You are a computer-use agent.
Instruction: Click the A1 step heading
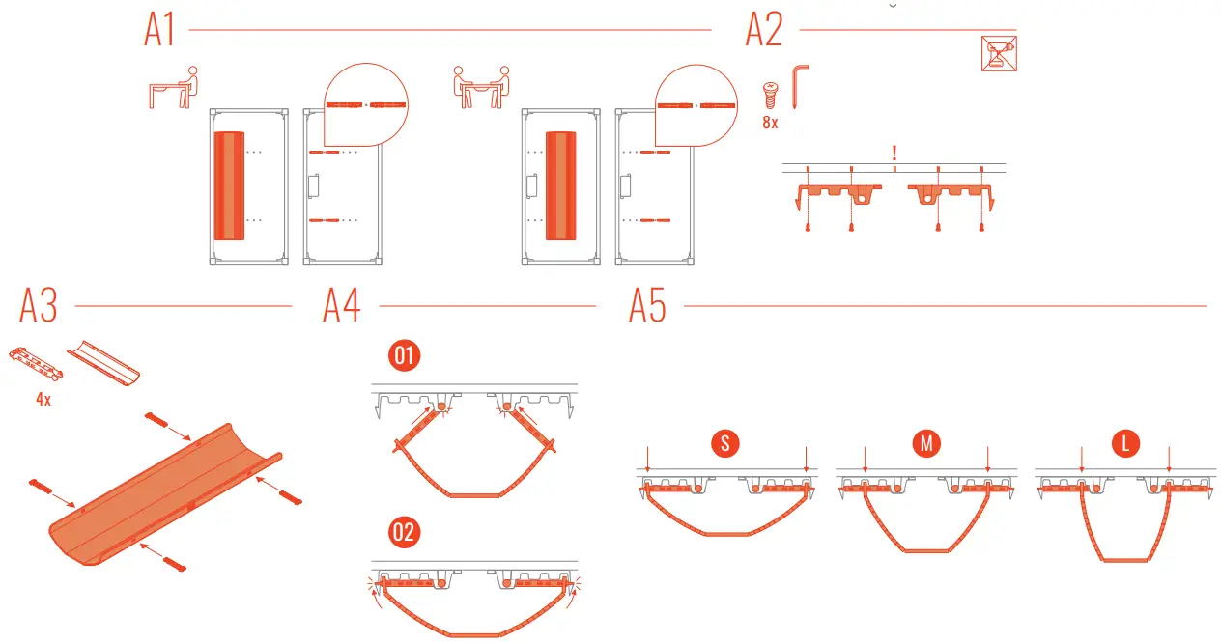[x=159, y=31]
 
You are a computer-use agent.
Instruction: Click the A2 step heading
[x=763, y=31]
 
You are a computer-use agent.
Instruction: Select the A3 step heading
[x=39, y=306]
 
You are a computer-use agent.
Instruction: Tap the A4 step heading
[x=342, y=306]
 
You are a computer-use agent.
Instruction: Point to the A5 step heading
[x=647, y=306]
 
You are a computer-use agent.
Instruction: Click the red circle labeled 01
[x=404, y=356]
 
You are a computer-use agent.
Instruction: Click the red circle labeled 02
[x=404, y=533]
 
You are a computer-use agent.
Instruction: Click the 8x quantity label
[x=770, y=124]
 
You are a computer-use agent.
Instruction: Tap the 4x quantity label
[x=43, y=399]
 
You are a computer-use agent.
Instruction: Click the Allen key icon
[x=801, y=87]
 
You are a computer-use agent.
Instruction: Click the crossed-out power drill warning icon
[x=999, y=54]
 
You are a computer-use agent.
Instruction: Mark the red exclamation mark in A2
[x=895, y=153]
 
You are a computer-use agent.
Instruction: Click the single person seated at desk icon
[x=174, y=86]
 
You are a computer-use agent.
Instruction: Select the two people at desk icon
[x=481, y=86]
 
